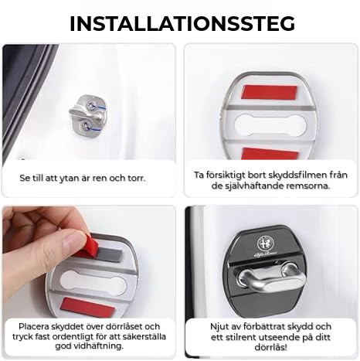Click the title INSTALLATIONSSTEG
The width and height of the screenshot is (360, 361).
click(x=182, y=23)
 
